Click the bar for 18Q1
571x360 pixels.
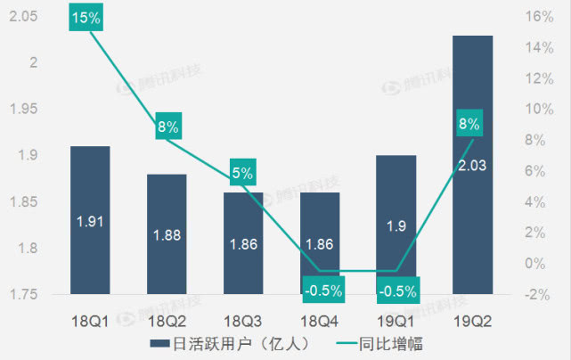click(90, 220)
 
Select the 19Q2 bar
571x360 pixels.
click(472, 165)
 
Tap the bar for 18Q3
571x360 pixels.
click(243, 242)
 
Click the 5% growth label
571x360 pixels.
click(242, 173)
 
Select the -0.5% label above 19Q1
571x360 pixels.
click(396, 290)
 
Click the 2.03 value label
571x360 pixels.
click(472, 165)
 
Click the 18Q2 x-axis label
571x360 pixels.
click(167, 318)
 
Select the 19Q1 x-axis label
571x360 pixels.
click(396, 318)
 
